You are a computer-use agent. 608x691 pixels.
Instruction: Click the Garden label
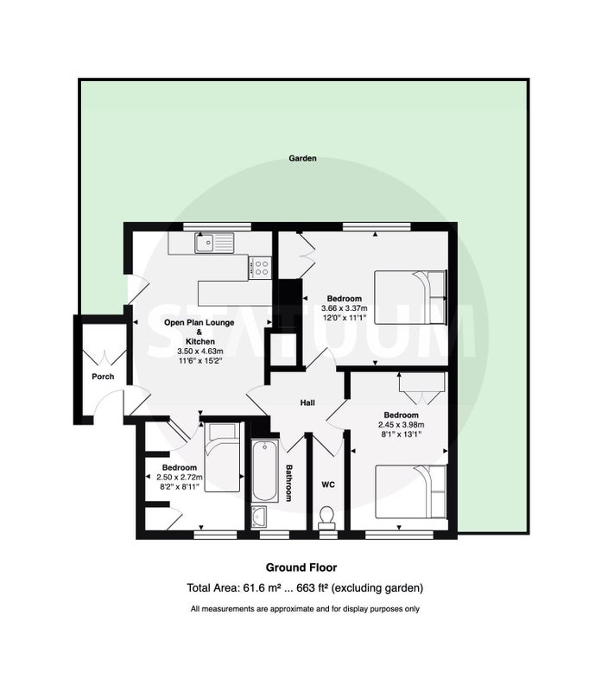(x=302, y=158)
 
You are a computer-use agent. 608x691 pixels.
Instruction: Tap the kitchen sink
(x=214, y=243)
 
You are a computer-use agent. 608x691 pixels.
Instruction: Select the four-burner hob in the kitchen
(x=260, y=268)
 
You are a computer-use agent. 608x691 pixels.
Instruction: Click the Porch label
(x=103, y=377)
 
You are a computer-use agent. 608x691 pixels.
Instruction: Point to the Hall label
(x=307, y=403)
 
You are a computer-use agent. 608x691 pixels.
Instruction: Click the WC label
(x=328, y=485)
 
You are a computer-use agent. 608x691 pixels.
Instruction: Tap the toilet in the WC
(x=326, y=517)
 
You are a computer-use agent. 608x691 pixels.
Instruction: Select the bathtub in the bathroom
(x=265, y=471)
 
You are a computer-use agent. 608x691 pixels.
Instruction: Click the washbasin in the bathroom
(x=258, y=517)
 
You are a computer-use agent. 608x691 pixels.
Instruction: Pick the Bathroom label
(x=289, y=483)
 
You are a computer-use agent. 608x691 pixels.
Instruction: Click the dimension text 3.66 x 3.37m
(x=344, y=308)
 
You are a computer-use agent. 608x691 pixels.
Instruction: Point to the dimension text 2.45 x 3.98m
(x=401, y=425)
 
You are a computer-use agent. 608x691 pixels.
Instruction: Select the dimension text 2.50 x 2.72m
(x=180, y=478)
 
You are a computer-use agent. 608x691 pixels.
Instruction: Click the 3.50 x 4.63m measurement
(x=200, y=352)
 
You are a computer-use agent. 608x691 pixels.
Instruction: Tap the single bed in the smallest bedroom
(x=223, y=458)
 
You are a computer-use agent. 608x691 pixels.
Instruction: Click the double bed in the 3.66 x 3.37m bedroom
(x=410, y=297)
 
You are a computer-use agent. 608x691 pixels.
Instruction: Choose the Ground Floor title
(x=301, y=567)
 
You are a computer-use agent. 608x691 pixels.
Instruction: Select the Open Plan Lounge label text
(x=199, y=322)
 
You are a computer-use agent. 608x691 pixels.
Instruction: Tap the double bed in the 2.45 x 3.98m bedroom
(x=410, y=491)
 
